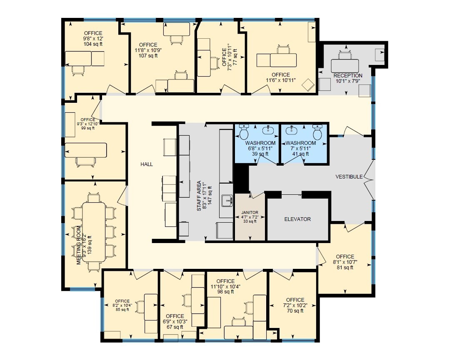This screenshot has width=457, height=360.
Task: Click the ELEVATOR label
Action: click(297, 219)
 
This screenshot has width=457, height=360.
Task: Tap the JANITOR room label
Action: click(250, 212)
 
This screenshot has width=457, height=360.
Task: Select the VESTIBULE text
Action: click(350, 177)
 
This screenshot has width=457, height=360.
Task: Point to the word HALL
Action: click(147, 164)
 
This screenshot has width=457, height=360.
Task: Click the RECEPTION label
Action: click(348, 76)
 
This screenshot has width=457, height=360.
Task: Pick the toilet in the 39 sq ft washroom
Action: click(244, 133)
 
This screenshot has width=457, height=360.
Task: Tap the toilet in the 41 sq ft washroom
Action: click(317, 133)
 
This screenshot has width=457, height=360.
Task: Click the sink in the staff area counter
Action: click(227, 200)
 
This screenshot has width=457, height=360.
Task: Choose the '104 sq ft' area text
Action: click(93, 44)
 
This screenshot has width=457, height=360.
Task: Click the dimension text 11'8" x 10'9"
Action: click(148, 50)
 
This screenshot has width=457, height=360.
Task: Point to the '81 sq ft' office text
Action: click(345, 268)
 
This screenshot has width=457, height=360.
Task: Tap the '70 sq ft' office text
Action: click(295, 311)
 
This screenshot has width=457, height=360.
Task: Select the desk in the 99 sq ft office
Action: click(86, 149)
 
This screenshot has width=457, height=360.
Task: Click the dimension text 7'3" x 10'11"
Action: click(230, 58)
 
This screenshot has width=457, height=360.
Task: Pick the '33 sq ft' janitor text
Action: click(250, 221)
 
